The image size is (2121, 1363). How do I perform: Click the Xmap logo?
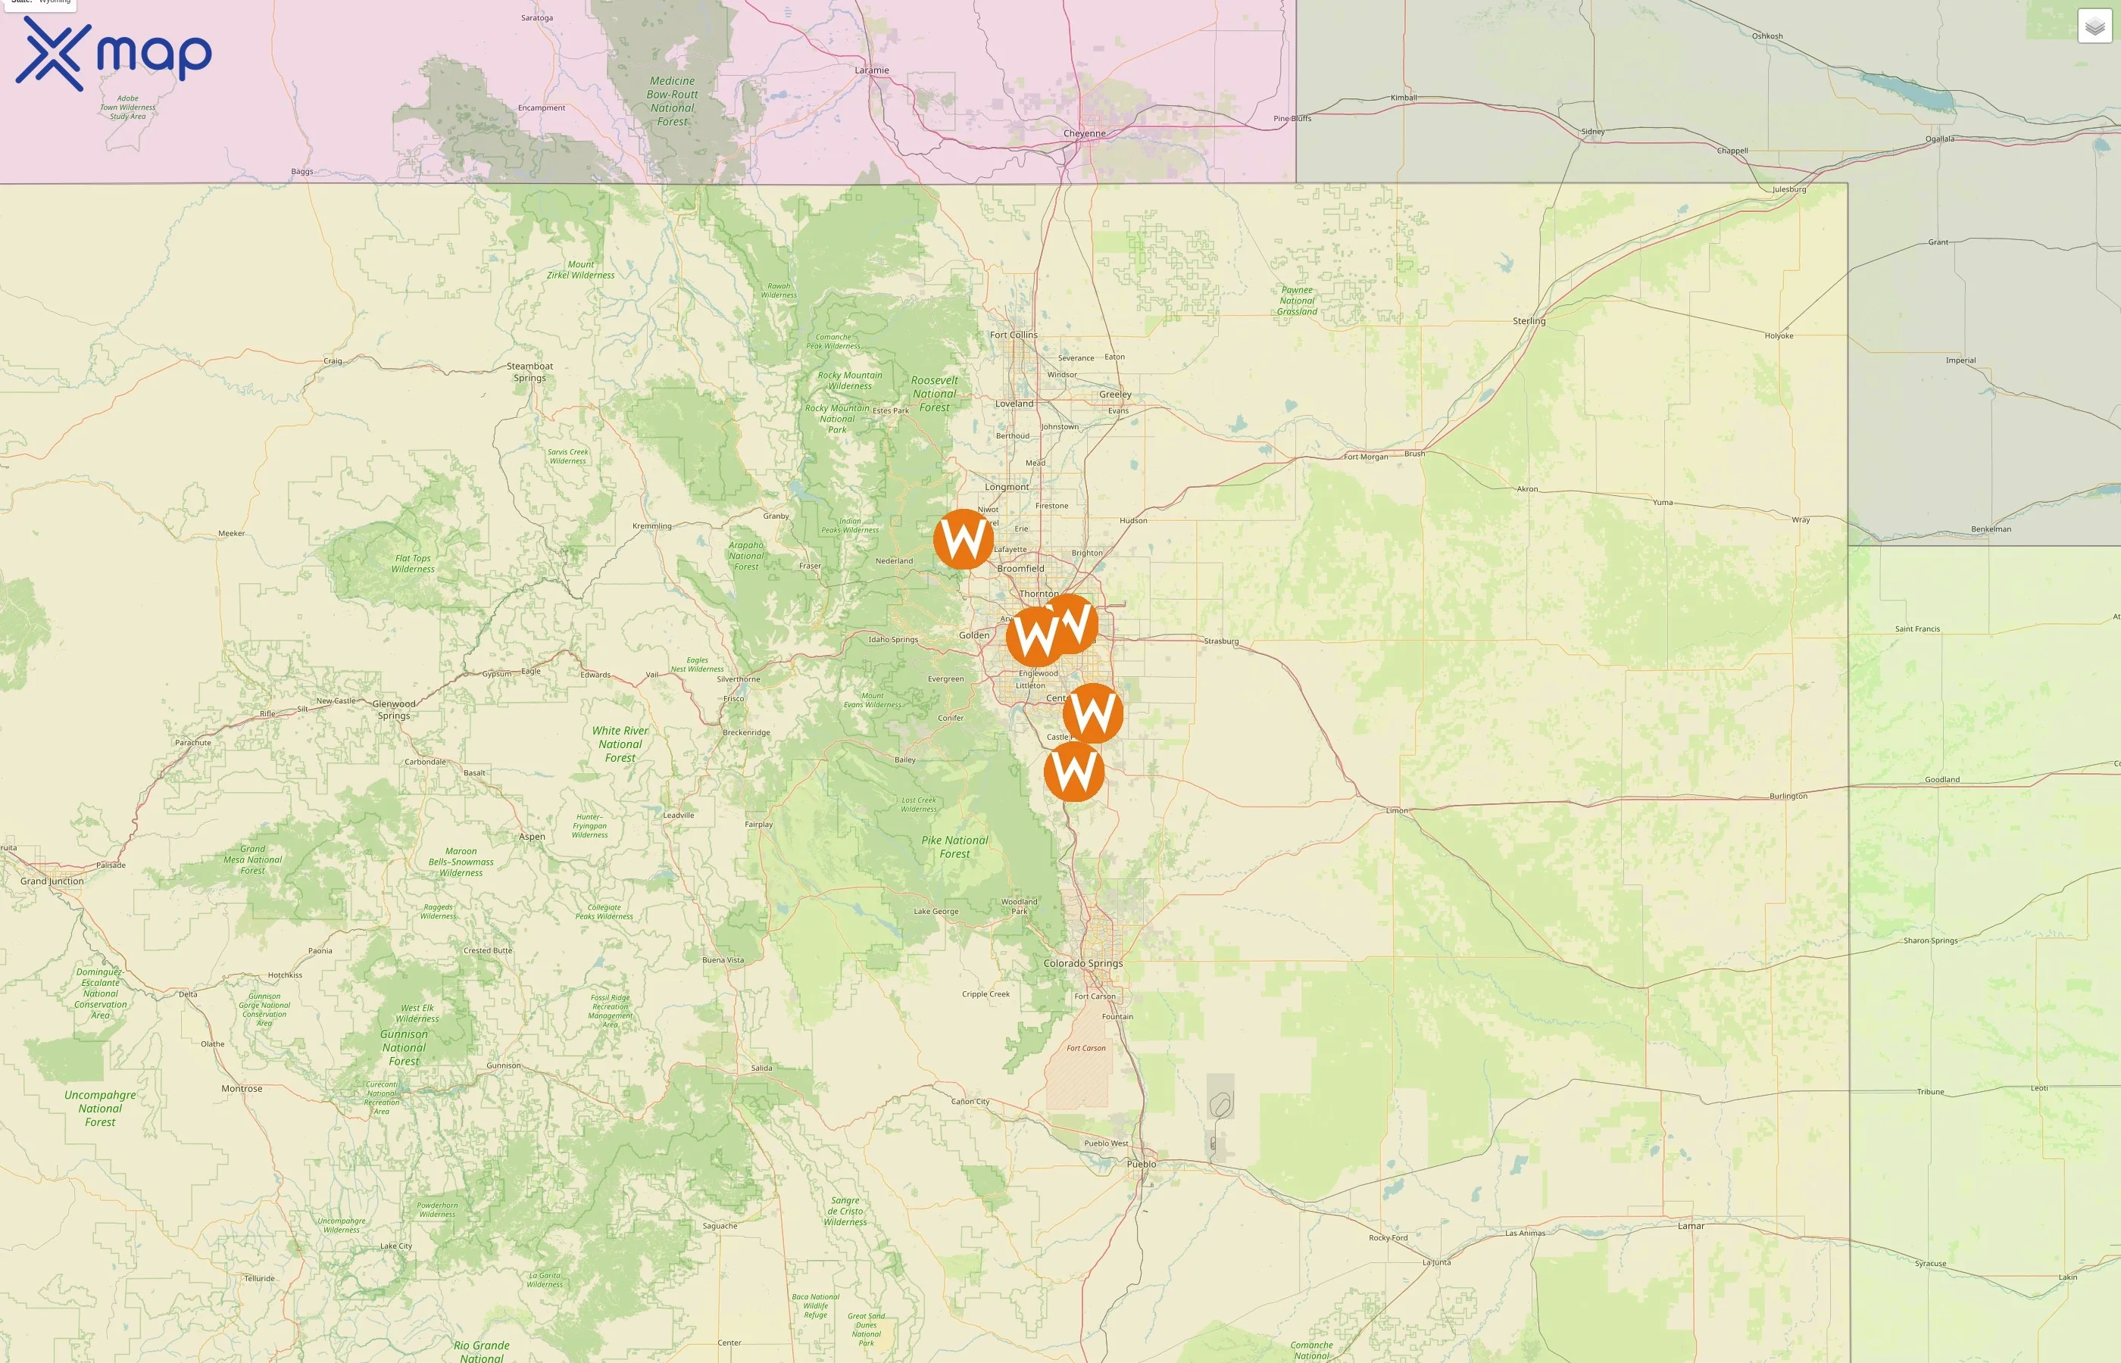pos(114,53)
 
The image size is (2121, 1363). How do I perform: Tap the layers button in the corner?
pos(2094,27)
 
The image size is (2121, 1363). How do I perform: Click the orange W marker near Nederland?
pos(963,538)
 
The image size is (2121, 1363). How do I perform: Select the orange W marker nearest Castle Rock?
pos(1074,772)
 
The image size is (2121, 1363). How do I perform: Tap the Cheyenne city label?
pos(1085,133)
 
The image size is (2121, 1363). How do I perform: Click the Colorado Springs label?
pos(1082,963)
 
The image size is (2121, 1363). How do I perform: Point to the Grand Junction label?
pos(52,881)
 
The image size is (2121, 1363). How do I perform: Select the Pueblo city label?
pos(1141,1164)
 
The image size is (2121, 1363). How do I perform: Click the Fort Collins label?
pos(1014,335)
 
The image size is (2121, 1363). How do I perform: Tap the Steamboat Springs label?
pos(529,372)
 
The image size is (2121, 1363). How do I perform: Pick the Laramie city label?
pos(872,70)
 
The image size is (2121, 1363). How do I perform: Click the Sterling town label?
pos(1529,320)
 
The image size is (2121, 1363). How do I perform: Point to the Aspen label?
pos(532,837)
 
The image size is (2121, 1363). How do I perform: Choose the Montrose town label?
pos(242,1089)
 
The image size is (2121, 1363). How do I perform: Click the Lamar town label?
pos(1691,1226)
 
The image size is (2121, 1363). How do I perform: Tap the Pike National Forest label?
pos(954,847)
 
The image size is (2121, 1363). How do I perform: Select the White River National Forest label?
pos(620,744)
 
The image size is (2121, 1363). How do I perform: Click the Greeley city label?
pos(1115,394)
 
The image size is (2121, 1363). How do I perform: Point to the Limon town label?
pos(1397,809)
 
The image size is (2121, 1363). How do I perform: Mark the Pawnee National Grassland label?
pos(1297,301)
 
